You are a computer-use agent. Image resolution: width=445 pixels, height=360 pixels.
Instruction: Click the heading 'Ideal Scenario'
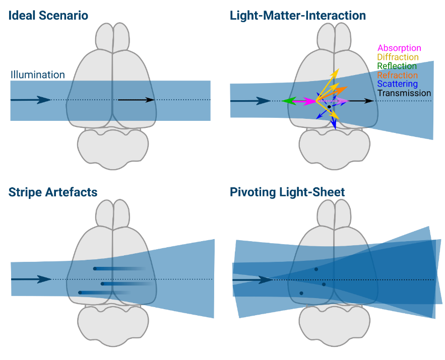[48, 16]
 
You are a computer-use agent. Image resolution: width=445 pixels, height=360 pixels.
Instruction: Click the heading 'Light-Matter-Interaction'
[298, 16]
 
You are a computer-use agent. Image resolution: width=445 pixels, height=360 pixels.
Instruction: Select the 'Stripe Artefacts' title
[53, 192]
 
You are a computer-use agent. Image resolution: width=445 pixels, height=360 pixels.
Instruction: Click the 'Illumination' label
[38, 75]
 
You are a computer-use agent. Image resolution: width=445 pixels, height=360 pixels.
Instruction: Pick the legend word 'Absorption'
[399, 48]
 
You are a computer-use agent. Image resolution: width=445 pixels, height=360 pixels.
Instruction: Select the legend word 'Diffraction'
[398, 57]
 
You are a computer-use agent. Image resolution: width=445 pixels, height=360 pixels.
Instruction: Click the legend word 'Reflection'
[397, 66]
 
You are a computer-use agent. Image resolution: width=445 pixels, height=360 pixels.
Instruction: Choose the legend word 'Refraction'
[398, 75]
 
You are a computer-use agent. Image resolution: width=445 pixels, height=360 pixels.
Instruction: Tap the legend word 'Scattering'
[398, 84]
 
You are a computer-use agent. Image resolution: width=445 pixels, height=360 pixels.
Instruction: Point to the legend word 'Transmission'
[404, 93]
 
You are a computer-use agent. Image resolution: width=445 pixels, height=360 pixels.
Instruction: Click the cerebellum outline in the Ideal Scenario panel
[113, 146]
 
